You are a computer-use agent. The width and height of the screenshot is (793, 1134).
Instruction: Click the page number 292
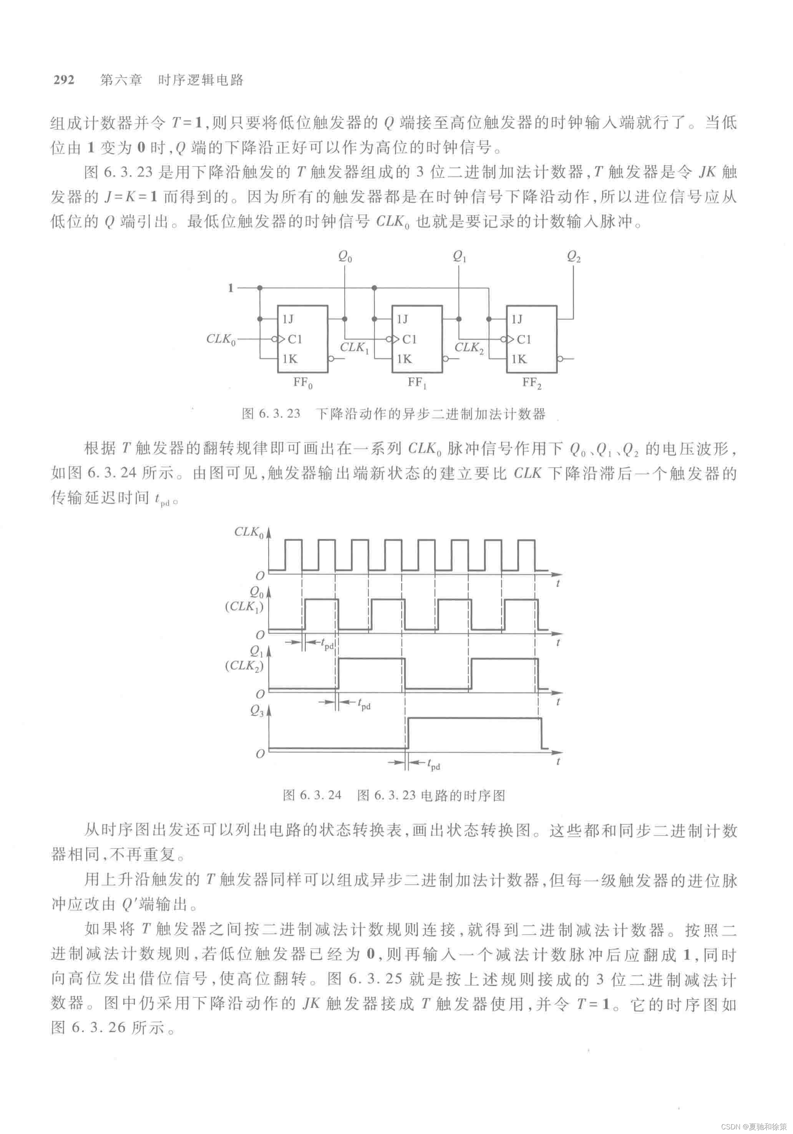point(64,80)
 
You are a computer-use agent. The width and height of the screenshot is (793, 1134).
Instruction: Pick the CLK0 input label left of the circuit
point(221,339)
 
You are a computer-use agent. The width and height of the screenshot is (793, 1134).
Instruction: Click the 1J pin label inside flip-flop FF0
point(288,319)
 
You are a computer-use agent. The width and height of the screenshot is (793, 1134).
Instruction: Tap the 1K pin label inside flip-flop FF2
point(518,359)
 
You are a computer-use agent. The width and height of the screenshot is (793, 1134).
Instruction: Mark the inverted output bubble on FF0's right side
point(330,359)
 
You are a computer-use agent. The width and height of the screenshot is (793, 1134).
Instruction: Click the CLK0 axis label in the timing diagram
point(249,532)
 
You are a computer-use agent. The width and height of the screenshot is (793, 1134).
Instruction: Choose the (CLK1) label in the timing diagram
point(244,606)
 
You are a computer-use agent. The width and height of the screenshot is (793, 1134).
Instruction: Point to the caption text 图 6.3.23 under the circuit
point(271,414)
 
